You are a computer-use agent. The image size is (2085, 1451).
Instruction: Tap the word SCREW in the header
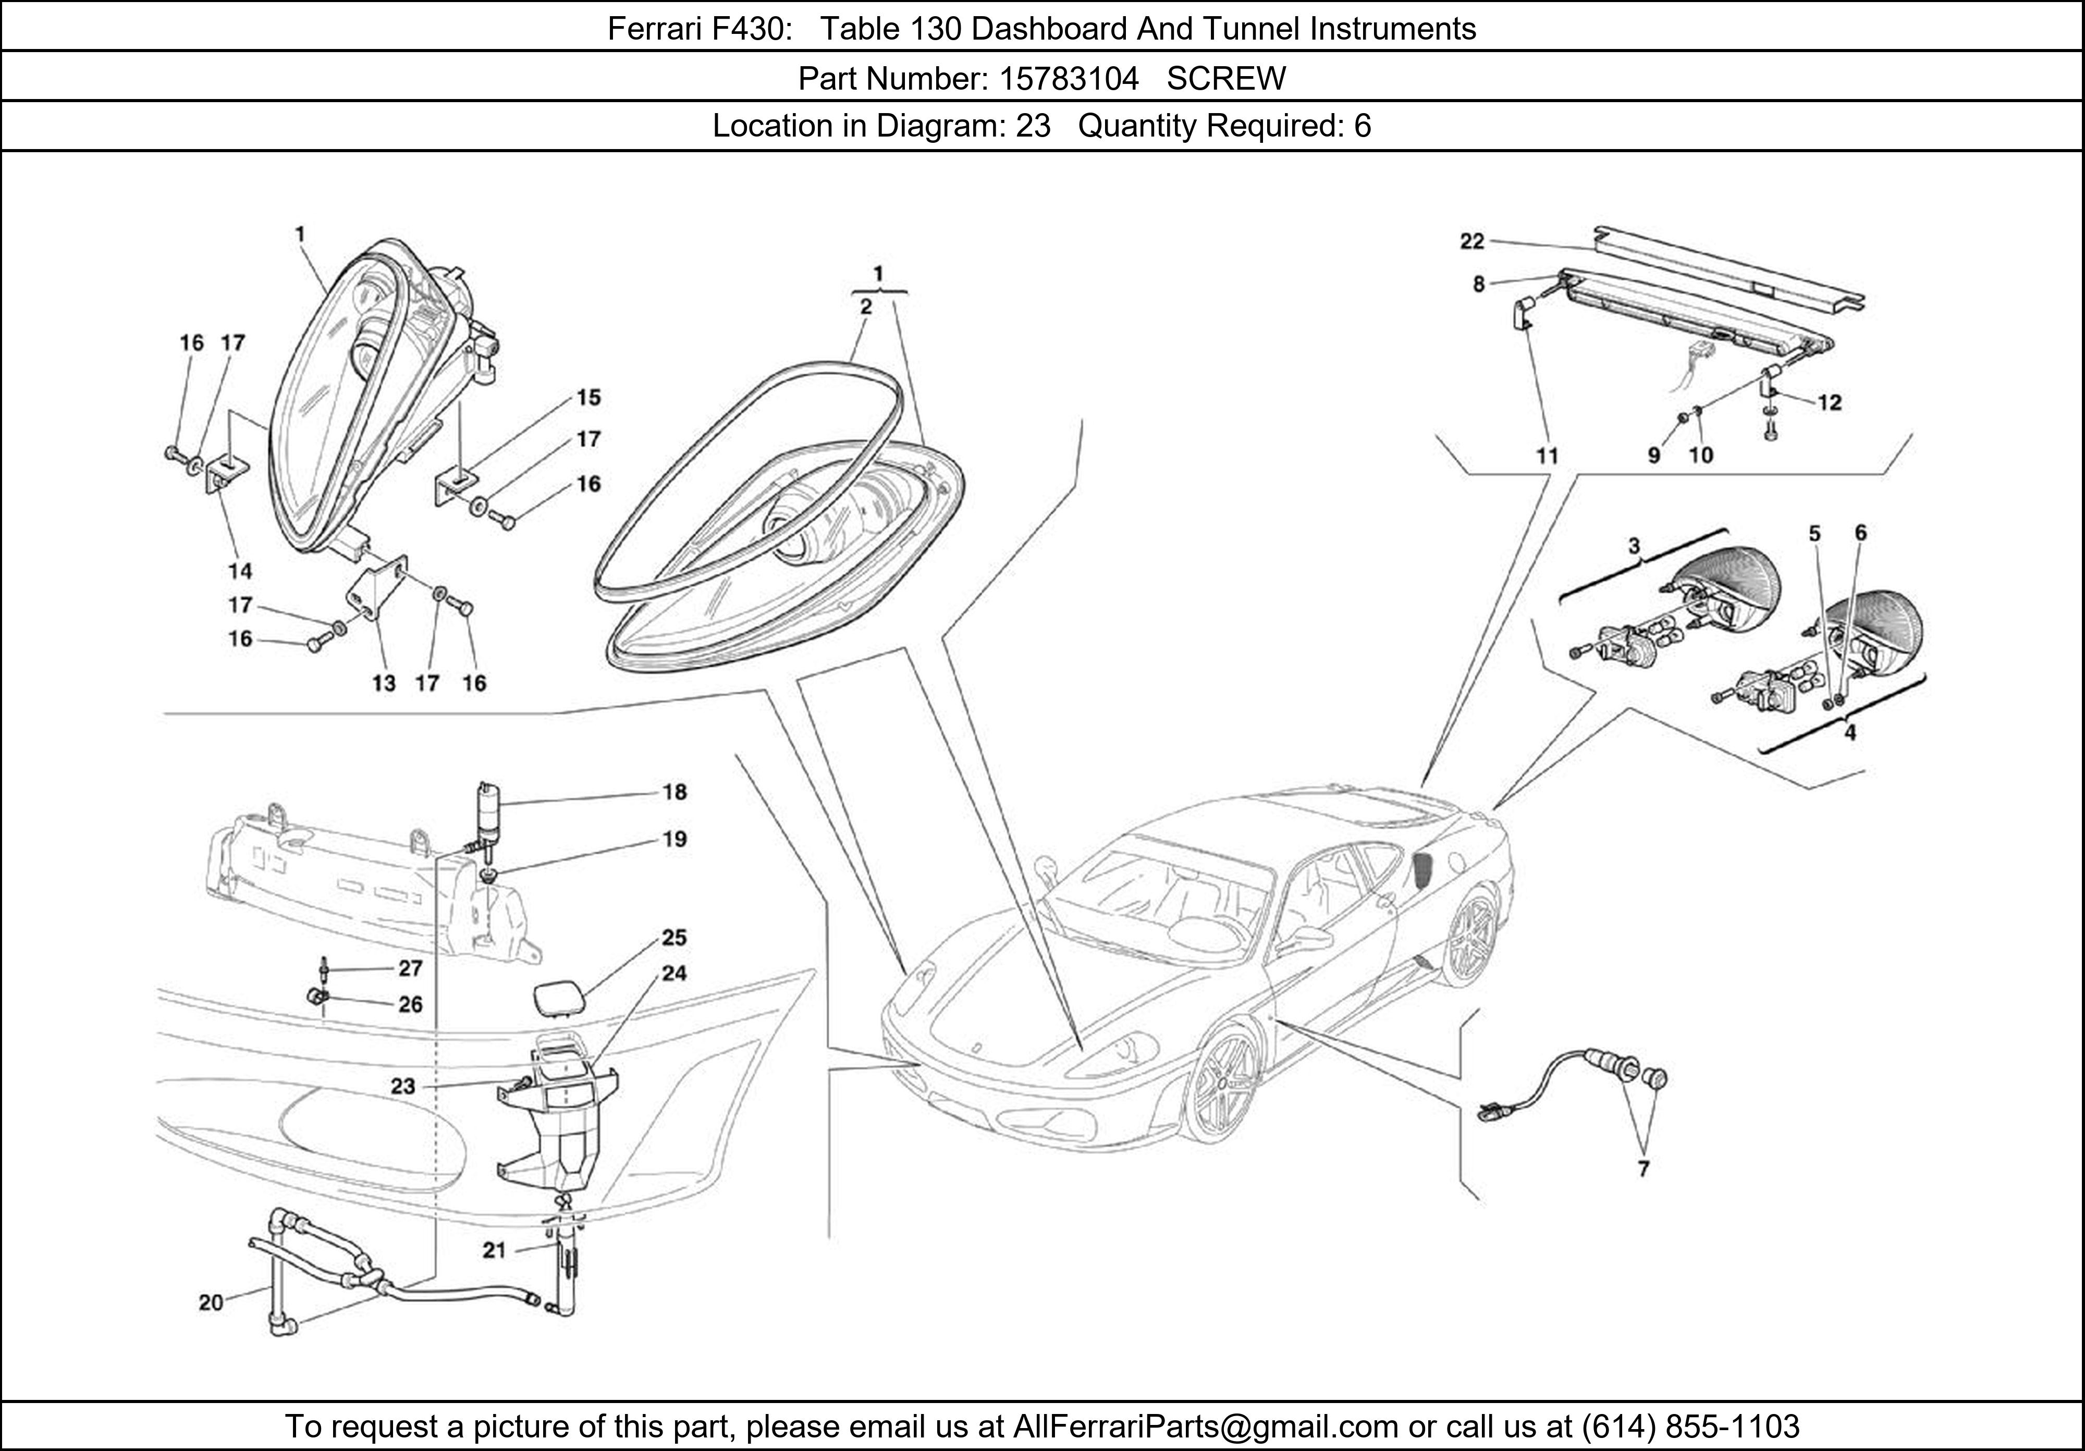(1226, 79)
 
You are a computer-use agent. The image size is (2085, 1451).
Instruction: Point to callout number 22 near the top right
(1472, 241)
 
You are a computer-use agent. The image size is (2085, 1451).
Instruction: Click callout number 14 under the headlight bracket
(240, 571)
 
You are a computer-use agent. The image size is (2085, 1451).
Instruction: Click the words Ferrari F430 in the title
(696, 29)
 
